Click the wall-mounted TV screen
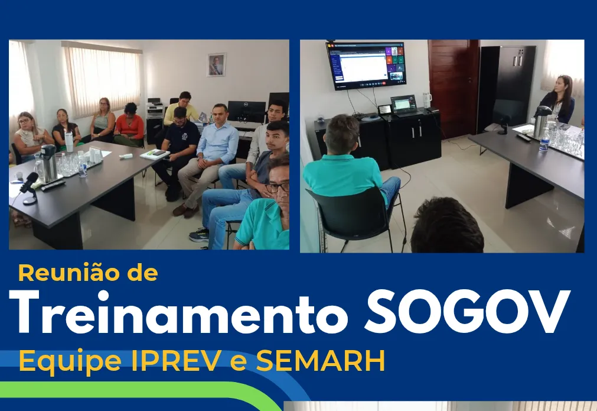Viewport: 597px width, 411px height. (366, 64)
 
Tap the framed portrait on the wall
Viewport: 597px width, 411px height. (216, 64)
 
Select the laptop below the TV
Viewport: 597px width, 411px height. (403, 105)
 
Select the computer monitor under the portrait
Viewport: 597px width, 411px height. (246, 111)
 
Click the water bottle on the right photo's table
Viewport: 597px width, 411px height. (544, 141)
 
